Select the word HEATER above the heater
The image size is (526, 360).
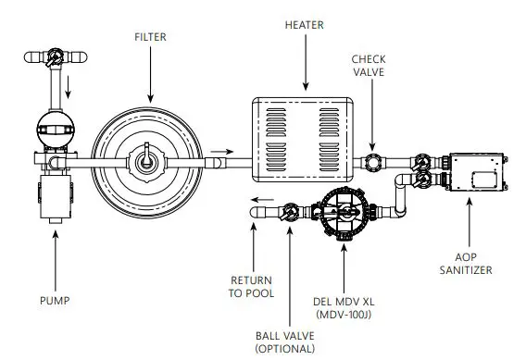click(304, 25)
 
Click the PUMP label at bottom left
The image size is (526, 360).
click(56, 300)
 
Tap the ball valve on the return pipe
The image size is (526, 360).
click(290, 213)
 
